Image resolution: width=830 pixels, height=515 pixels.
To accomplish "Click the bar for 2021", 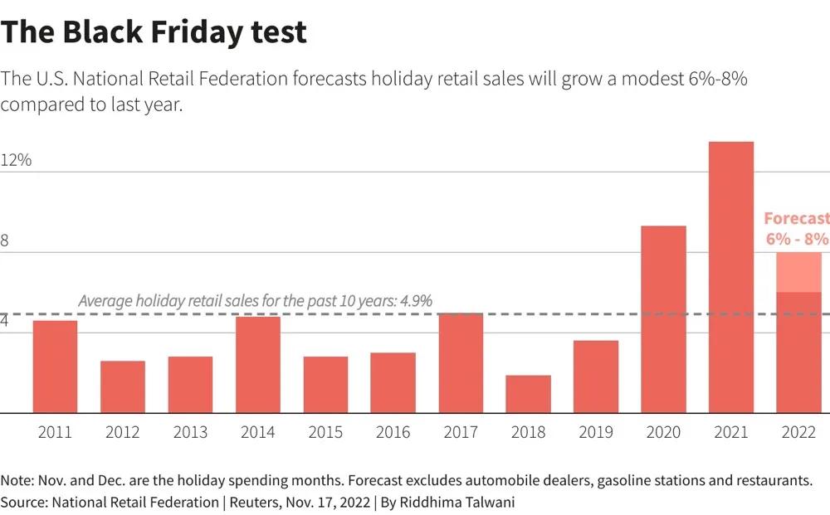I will click(730, 278).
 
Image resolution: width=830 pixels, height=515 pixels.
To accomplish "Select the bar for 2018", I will click(528, 394).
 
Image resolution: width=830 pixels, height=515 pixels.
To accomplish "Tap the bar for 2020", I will click(663, 319).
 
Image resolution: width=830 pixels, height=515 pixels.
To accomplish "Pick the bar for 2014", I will click(257, 365).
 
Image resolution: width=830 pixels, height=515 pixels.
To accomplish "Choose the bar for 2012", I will click(123, 386).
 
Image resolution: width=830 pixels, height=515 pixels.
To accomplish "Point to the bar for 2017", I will click(461, 363).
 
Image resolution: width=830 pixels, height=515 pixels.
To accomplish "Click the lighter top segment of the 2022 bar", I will click(798, 272).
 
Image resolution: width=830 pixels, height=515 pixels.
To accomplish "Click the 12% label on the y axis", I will click(16, 160).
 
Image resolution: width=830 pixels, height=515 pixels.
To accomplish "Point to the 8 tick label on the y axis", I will click(5, 240).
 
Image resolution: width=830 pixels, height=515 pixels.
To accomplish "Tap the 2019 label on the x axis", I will click(595, 432).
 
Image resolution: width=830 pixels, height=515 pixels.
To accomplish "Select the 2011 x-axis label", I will click(55, 432).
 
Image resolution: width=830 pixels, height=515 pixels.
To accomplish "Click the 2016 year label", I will click(393, 432).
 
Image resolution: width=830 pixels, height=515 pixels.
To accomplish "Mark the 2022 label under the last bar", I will click(798, 432).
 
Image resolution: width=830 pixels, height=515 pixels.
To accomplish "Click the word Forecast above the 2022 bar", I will click(796, 219).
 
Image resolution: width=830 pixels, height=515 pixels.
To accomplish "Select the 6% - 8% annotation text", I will click(797, 239).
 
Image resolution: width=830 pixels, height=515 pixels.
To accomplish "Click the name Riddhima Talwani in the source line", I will click(465, 503).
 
